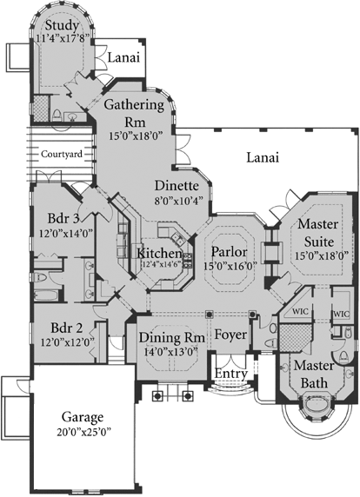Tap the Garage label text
83,418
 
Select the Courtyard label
60,154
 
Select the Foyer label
231,334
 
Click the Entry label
231,374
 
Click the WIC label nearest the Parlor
300,310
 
